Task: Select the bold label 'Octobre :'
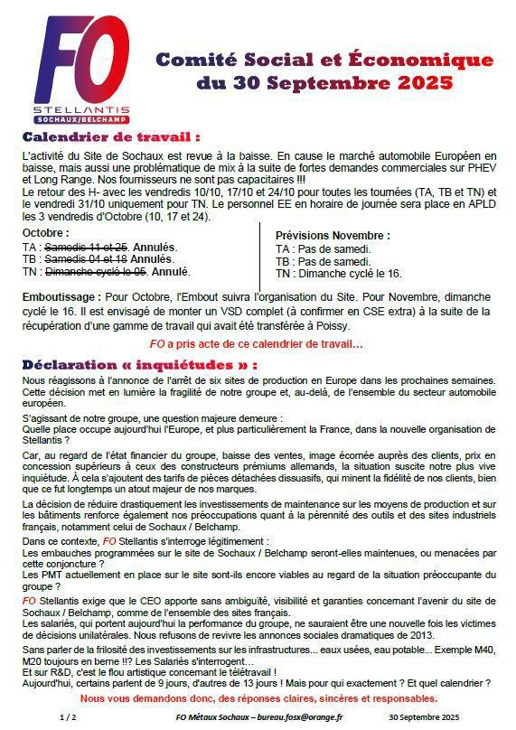pos(45,233)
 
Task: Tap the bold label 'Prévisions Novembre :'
pos(333,236)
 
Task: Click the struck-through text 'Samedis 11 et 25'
pos(87,247)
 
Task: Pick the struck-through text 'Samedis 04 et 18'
pos(87,258)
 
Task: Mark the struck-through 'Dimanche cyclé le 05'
pos(96,271)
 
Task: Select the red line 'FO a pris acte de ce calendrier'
pos(256,343)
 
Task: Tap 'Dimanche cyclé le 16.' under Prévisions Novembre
pos(350,274)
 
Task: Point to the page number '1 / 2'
pos(68,716)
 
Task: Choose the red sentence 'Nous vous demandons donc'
pos(258,698)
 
